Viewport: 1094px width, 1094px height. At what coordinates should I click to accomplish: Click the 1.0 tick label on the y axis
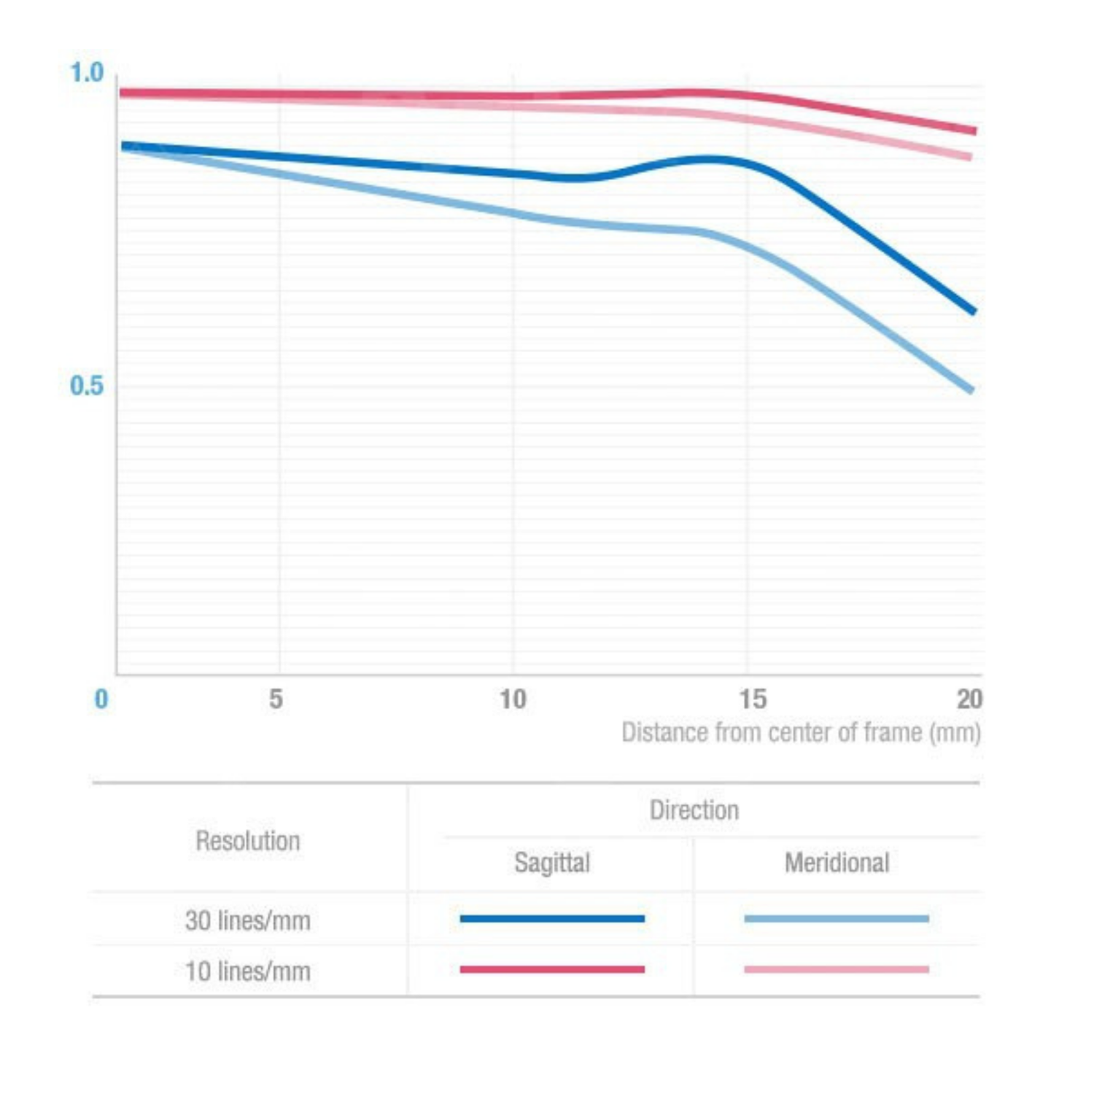click(87, 73)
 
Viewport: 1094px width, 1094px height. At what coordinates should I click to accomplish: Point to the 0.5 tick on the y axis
click(87, 385)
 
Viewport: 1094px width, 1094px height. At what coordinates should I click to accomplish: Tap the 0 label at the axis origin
click(101, 699)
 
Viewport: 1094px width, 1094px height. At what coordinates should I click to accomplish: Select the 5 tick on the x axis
click(276, 699)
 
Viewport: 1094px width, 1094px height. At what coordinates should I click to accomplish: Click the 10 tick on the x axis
click(513, 699)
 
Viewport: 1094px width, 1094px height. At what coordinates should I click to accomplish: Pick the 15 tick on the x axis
click(753, 699)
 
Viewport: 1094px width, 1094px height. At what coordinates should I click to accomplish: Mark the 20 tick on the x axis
click(969, 699)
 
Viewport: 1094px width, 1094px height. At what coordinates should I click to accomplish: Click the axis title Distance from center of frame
click(801, 732)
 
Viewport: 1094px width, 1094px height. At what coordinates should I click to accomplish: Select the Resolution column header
click(248, 841)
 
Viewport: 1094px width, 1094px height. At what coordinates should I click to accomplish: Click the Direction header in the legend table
click(694, 810)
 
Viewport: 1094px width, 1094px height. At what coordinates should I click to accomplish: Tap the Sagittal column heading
click(552, 863)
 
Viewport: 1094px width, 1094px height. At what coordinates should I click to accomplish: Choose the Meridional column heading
click(837, 863)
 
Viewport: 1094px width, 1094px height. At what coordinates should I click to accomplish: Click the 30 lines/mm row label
click(248, 920)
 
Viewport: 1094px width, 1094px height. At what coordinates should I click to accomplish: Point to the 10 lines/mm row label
click(248, 971)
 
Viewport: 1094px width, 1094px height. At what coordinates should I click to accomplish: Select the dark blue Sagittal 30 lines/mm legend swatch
click(552, 918)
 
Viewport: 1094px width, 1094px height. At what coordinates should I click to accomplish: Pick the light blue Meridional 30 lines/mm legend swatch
click(837, 918)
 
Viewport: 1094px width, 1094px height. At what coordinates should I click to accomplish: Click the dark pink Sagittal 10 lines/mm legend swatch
click(552, 969)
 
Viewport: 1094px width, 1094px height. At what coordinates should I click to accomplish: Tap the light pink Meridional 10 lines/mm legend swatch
click(837, 969)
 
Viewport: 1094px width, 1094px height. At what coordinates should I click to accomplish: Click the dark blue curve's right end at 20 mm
click(973, 311)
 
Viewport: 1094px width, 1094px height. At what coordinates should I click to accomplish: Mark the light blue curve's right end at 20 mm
click(971, 390)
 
